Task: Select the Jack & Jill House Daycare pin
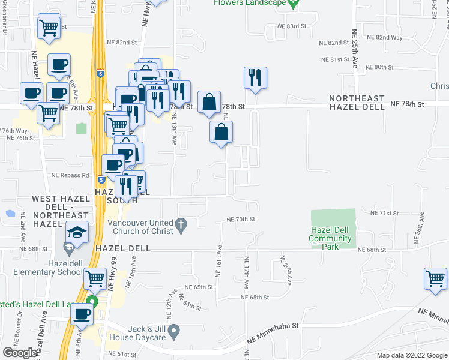[x=173, y=330]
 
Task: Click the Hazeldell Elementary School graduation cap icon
[x=77, y=232]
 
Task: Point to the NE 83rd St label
[x=291, y=26]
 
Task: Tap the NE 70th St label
[x=241, y=220]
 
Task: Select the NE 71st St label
[x=385, y=213]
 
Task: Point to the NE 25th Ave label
[x=355, y=47]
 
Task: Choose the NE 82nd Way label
[x=384, y=37]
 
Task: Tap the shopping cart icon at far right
[x=435, y=278]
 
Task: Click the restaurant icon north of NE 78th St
[x=255, y=77]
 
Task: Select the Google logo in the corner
[x=20, y=353]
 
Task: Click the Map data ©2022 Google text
[x=411, y=355]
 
